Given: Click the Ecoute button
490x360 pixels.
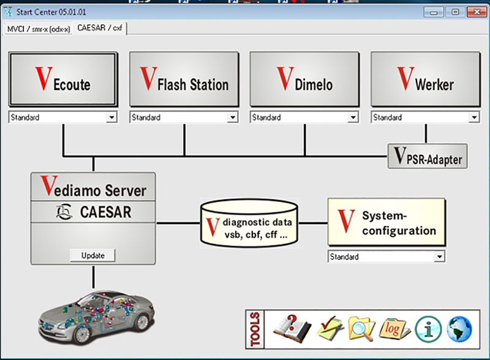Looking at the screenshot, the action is coord(63,80).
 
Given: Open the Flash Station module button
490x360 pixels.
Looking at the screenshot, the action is coord(184,80).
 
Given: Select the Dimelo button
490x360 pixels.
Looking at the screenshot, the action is coord(304,80).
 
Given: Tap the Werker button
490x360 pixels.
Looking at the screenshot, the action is coord(425,80).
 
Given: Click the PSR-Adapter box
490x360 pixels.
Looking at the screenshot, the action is coord(428,156).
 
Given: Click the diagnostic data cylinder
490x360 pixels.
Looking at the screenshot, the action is coord(249,223).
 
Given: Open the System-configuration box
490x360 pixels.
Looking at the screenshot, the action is coord(386,222).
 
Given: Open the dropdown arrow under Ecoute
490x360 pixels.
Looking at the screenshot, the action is coord(111,118).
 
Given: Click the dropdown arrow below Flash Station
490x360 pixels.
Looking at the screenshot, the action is coord(233,118).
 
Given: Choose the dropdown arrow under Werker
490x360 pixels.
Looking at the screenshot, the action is coord(474,118).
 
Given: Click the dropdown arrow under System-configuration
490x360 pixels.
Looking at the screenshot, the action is coord(439,257).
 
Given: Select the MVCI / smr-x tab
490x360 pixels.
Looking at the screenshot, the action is coord(38,29).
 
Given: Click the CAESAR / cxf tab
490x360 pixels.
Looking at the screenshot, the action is coord(100,28).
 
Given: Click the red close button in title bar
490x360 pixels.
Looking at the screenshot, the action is coord(477,12).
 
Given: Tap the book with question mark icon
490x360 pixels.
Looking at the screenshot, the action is coord(292,329).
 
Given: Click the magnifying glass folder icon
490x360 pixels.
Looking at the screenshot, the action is coord(361,329).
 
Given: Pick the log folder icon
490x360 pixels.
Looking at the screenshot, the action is coord(394,329).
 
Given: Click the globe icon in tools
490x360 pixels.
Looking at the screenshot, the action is coord(459,329).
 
